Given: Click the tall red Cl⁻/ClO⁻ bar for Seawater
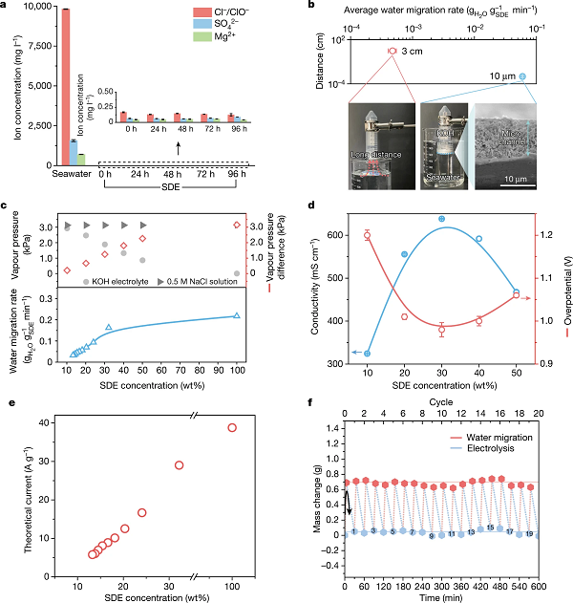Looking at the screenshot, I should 66,86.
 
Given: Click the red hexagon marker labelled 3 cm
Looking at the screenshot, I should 393,50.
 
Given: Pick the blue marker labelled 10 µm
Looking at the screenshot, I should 522,75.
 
